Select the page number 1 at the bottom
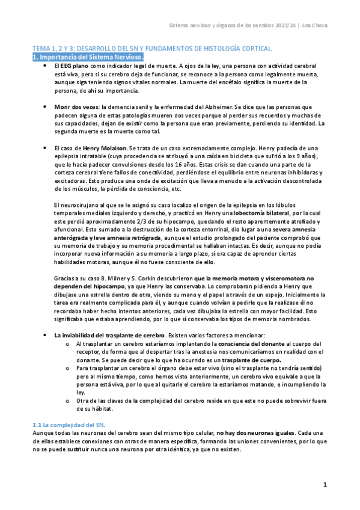pos(325,485)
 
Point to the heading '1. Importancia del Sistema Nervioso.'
pos(88,57)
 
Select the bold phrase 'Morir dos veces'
pos(76,106)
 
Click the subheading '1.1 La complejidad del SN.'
pos(69,425)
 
